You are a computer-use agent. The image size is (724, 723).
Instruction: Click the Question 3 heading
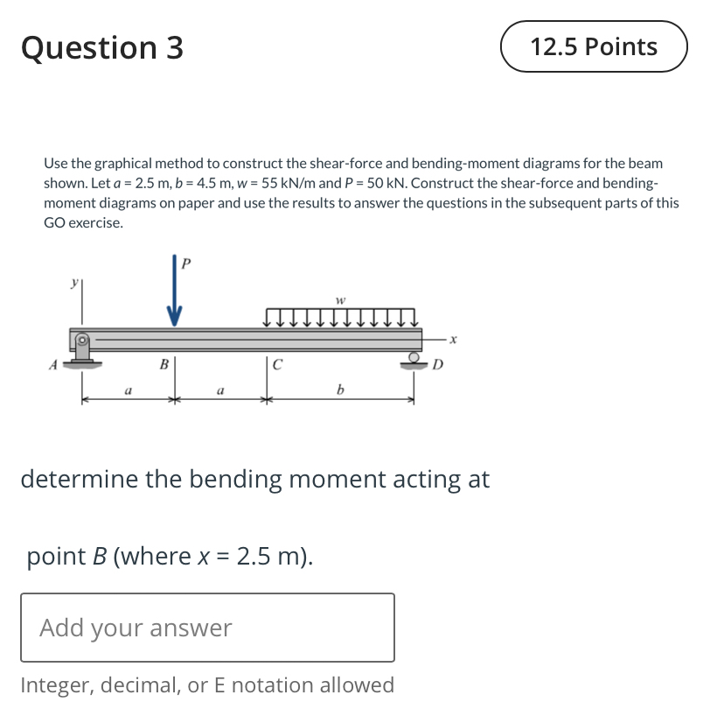coord(102,47)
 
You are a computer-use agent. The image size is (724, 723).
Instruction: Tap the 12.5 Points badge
coord(594,46)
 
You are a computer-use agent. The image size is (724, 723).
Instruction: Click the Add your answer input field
coord(207,628)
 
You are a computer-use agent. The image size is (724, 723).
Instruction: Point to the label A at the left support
coord(54,365)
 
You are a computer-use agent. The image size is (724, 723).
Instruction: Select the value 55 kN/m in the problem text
coord(284,183)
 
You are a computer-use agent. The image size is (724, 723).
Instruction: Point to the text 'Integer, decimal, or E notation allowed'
coord(207,684)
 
